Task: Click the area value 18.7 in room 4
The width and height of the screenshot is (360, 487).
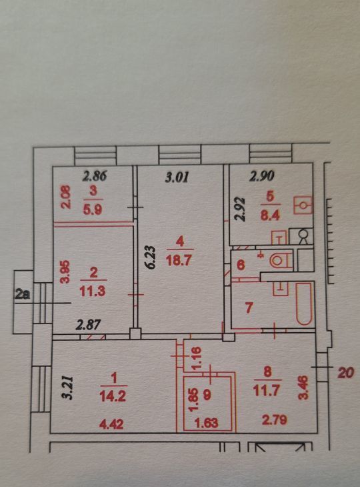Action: click(x=179, y=260)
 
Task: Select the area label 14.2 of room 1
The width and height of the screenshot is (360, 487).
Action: click(x=113, y=396)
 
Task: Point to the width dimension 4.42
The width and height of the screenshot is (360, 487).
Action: click(x=111, y=424)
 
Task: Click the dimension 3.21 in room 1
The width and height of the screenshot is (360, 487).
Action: click(x=68, y=388)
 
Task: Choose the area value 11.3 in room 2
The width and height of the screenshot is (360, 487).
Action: click(x=93, y=292)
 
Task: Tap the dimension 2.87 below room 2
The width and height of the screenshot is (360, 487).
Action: click(x=89, y=325)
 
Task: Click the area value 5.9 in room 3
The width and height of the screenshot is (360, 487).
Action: click(x=93, y=210)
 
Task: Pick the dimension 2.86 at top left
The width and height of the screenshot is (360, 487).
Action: click(x=95, y=176)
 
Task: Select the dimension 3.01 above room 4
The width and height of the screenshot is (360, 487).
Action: click(x=177, y=178)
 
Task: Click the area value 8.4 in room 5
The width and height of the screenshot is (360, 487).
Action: click(x=270, y=215)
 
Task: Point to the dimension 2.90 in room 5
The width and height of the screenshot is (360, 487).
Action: click(x=262, y=176)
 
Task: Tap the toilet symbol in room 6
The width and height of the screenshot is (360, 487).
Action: click(x=281, y=260)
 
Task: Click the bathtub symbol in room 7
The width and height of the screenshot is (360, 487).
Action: click(x=304, y=304)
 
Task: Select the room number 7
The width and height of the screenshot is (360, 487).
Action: click(x=249, y=308)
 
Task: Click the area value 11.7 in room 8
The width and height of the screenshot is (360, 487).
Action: click(x=266, y=390)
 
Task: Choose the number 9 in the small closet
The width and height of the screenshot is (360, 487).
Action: click(x=207, y=395)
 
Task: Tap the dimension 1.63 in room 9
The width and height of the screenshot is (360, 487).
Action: click(x=206, y=423)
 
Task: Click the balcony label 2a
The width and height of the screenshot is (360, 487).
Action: click(x=23, y=294)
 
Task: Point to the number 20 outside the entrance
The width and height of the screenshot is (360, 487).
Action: click(x=345, y=372)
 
